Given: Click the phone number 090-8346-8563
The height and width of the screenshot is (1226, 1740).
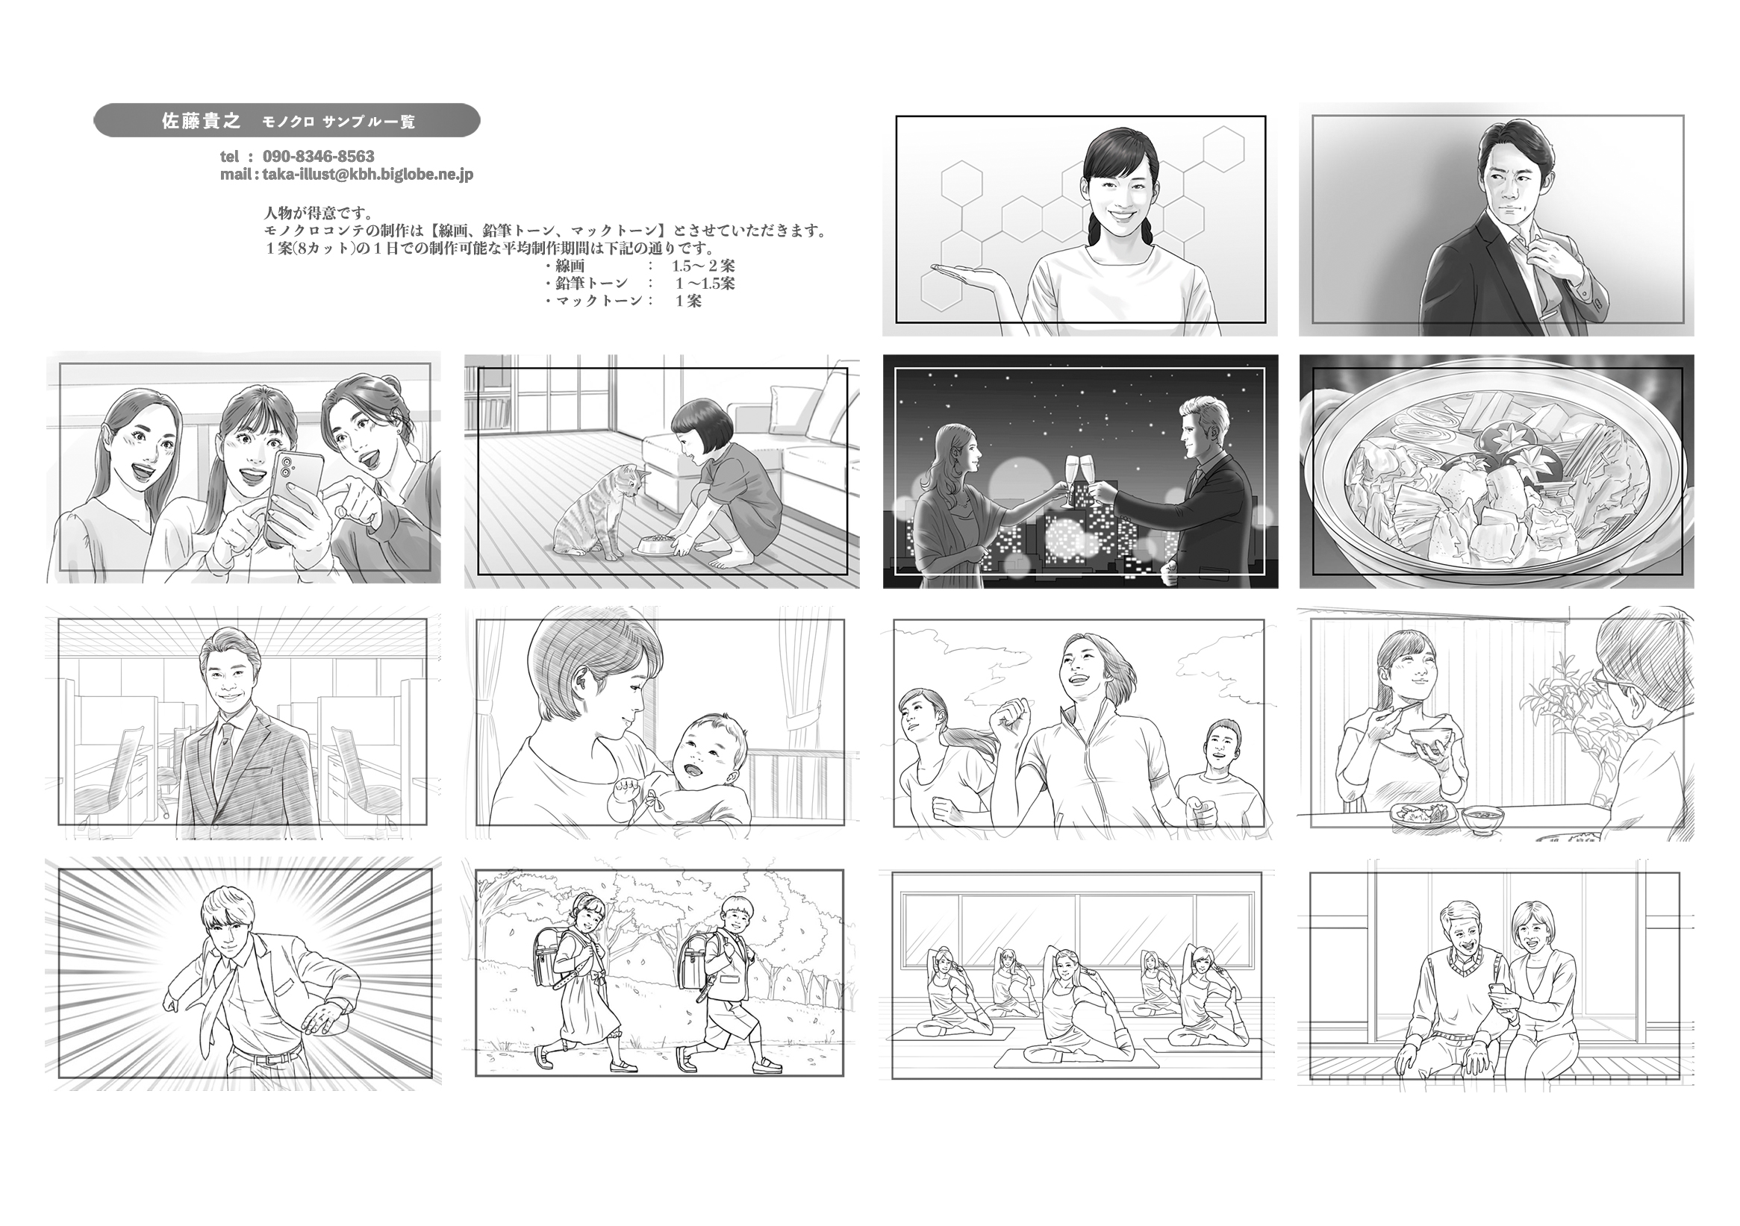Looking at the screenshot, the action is click(318, 156).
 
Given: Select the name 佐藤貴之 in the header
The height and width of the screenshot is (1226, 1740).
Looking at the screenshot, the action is click(201, 120).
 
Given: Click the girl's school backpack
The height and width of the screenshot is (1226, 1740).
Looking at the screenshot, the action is click(552, 963).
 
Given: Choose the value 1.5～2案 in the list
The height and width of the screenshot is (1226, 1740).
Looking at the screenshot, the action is click(702, 266).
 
